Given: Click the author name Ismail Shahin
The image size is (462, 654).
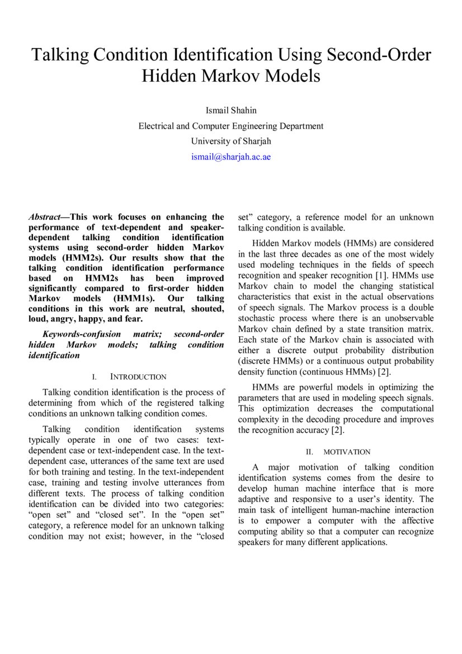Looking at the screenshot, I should pos(230,109).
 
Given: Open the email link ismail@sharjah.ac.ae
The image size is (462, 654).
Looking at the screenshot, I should pos(230,157).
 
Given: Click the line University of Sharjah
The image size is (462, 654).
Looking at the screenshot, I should pos(230,141).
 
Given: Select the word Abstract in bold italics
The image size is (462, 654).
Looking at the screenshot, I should pos(45,217).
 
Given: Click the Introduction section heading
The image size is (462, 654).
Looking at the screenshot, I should pos(138,377).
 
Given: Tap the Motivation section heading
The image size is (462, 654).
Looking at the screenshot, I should pos(347,451).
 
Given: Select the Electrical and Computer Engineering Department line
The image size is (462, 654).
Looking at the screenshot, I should pos(230,126).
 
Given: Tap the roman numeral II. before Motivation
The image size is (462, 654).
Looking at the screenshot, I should pos(309,451).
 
